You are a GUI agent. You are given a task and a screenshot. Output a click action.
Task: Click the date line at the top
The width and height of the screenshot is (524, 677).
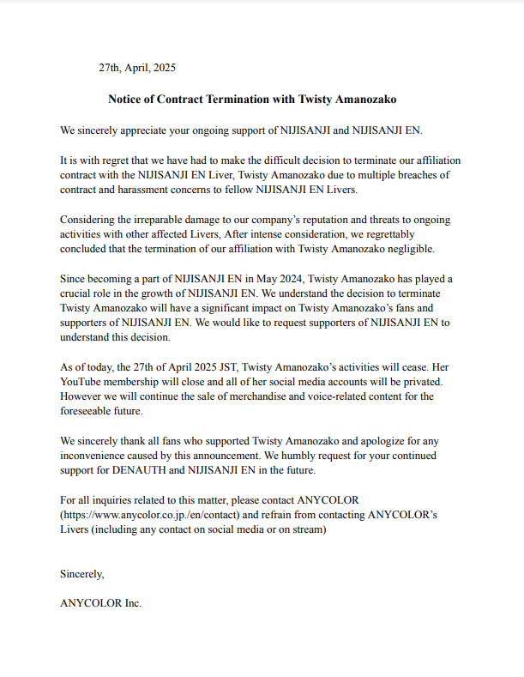(137, 68)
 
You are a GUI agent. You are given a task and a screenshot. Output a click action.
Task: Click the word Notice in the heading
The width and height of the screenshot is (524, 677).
(125, 100)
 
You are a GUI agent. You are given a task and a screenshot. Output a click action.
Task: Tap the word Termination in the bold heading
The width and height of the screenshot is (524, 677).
(231, 100)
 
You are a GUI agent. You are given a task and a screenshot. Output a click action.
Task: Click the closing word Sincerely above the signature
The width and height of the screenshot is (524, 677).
(82, 573)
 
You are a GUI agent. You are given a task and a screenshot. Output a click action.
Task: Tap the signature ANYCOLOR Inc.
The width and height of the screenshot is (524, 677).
(100, 603)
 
